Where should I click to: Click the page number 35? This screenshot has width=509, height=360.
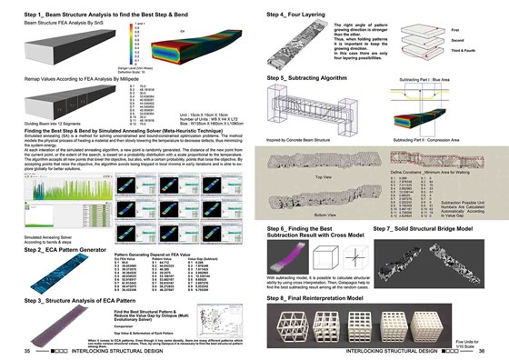28,349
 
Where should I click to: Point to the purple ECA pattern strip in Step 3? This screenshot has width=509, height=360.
61,320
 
